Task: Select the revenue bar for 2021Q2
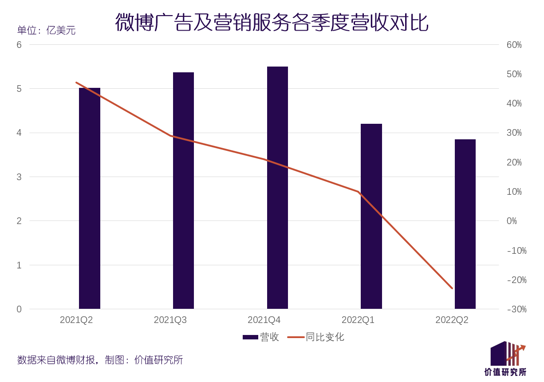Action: (90, 198)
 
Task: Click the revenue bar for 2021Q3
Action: (183, 190)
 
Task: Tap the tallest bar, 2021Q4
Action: (277, 188)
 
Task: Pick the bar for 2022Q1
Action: (371, 216)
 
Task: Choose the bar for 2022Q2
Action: (465, 224)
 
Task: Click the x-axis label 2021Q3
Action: (170, 320)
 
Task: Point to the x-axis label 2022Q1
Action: (358, 320)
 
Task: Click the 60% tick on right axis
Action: (514, 45)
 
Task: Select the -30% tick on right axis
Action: (516, 309)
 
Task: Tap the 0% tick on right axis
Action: (511, 221)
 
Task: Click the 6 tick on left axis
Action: (19, 45)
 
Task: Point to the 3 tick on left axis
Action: (19, 177)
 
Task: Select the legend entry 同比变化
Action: (316, 337)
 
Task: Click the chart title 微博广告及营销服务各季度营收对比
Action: (272, 22)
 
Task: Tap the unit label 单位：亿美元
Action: (46, 31)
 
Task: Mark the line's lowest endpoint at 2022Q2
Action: (452, 288)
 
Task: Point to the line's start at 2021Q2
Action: (76, 83)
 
